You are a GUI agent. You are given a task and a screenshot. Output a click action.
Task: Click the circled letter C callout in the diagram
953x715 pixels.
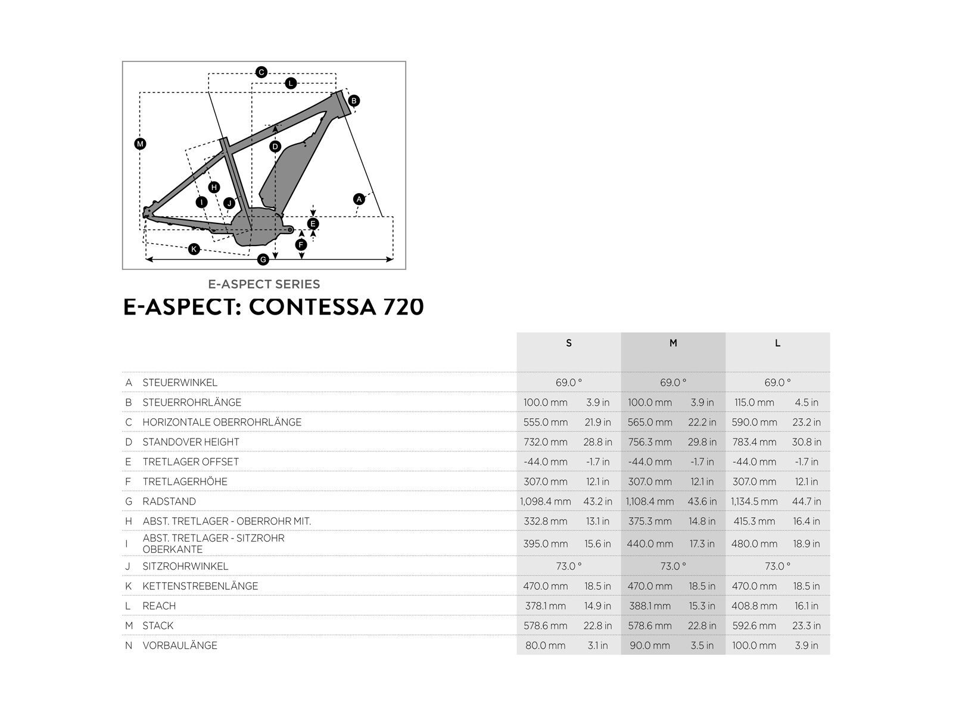point(261,73)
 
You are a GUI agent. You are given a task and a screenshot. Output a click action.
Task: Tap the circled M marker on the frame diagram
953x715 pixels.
point(140,144)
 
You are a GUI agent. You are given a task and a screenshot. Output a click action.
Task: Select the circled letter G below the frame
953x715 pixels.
point(263,259)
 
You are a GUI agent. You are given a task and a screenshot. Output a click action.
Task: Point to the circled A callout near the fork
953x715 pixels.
point(359,199)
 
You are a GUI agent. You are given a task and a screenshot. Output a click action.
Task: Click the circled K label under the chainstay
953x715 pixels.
point(194,249)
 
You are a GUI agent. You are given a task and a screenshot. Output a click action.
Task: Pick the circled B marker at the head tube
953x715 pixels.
point(354,101)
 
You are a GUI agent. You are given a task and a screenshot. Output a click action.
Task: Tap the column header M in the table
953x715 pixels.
point(673,343)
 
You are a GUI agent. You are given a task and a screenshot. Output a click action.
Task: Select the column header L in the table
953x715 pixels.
point(777,343)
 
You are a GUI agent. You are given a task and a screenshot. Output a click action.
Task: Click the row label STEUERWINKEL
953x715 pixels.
point(180,383)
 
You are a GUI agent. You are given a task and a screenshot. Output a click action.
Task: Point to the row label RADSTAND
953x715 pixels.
point(169,502)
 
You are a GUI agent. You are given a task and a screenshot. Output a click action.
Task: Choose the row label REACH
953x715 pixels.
point(159,606)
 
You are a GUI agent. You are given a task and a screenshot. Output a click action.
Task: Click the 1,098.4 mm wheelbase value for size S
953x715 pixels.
point(545,502)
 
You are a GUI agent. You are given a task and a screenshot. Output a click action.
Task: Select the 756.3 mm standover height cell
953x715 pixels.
point(650,442)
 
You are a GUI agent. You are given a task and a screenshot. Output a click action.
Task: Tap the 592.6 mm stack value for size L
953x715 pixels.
point(754,626)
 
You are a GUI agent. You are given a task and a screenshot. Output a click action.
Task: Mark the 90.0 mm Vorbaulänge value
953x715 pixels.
point(649,645)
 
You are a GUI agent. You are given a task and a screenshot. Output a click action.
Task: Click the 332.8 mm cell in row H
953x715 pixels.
point(545,521)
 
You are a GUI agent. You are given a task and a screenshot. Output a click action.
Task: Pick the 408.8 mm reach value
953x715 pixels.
point(754,606)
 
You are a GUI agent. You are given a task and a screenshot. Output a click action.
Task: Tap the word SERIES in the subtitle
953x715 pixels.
point(297,284)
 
